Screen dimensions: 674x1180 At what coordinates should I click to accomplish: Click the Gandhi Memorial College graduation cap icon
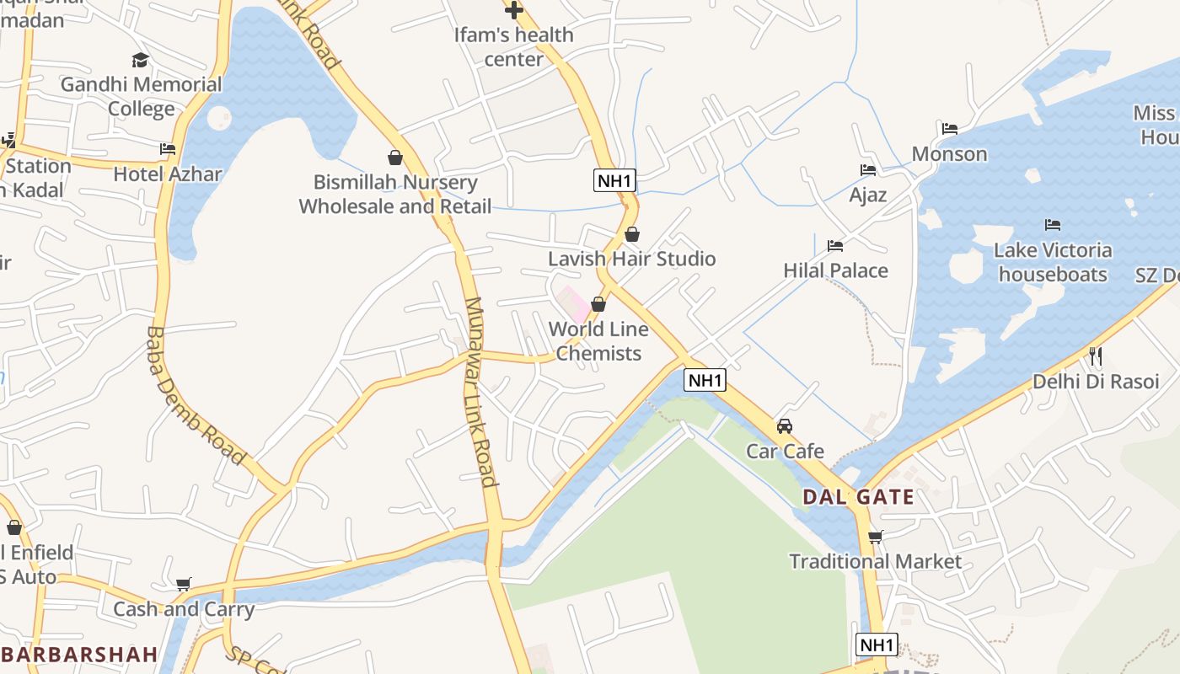(x=140, y=60)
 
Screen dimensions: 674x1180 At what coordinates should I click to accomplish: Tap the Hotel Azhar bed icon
(x=168, y=149)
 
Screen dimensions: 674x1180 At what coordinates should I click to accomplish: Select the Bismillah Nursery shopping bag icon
(x=394, y=158)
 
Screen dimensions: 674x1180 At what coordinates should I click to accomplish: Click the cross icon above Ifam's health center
(x=513, y=10)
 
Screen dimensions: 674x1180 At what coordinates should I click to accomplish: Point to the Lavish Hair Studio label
(x=631, y=259)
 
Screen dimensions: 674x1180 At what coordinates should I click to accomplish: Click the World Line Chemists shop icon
(x=598, y=304)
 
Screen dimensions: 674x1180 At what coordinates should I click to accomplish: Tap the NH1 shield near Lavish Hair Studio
(x=614, y=180)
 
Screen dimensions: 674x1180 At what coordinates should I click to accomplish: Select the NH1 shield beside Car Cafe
(x=705, y=380)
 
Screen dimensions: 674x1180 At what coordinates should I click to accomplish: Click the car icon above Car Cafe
(x=785, y=426)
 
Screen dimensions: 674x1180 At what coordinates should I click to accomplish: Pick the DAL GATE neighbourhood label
(x=858, y=497)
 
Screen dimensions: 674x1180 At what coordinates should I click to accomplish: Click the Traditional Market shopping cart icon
(x=875, y=537)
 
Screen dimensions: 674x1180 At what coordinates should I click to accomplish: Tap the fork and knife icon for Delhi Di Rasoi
(x=1095, y=356)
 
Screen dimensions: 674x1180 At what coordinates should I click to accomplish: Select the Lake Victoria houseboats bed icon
(x=1052, y=225)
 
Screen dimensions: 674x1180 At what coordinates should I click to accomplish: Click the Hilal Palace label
(x=835, y=270)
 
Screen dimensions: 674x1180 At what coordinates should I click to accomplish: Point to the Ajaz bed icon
(x=867, y=170)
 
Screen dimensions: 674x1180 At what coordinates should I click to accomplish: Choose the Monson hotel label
(x=949, y=154)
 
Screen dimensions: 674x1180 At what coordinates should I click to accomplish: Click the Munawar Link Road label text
(x=480, y=392)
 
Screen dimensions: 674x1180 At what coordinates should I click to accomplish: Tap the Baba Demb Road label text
(x=195, y=396)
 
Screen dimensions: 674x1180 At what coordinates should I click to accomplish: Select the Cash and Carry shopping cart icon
(x=183, y=585)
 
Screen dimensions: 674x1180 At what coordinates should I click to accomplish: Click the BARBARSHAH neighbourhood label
(x=80, y=655)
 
